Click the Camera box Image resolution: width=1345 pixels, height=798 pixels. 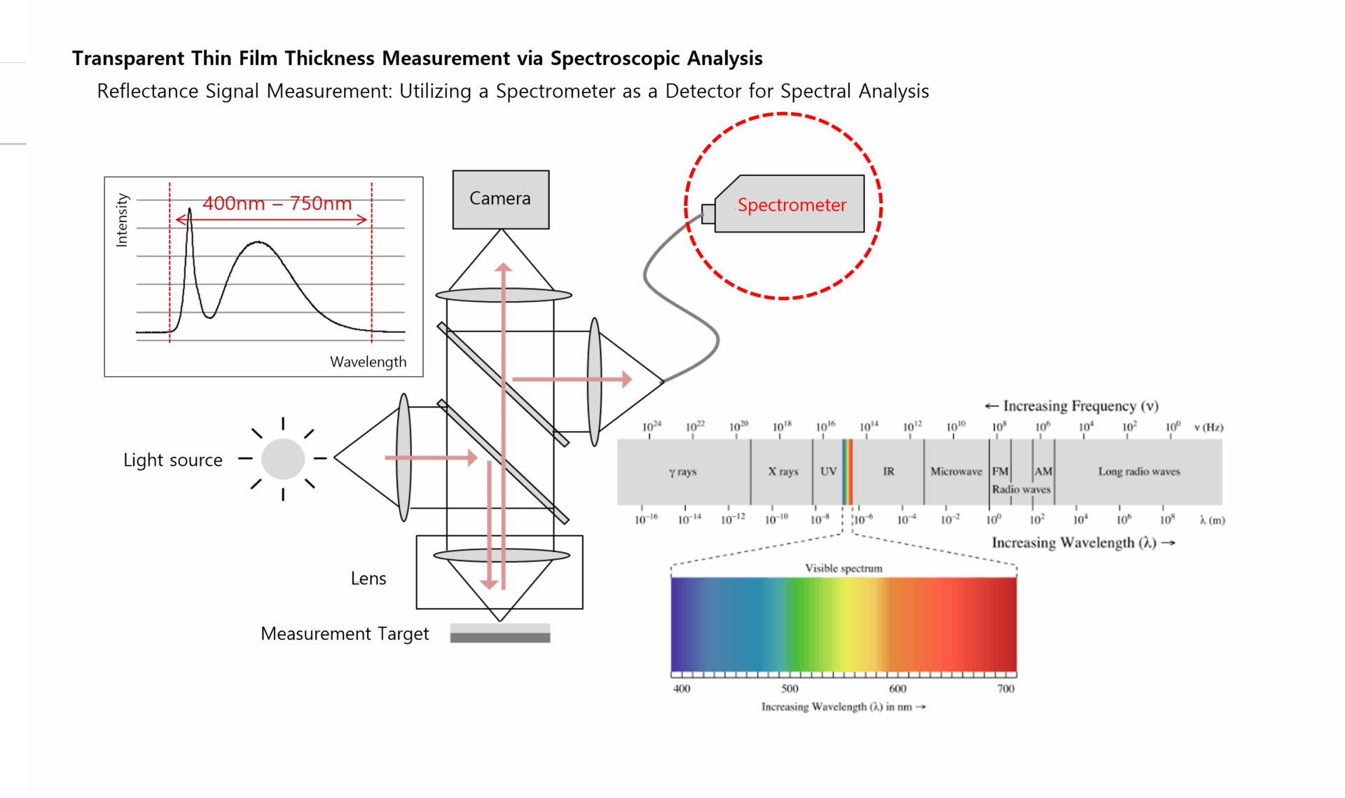500,199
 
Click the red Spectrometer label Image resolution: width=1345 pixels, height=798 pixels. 792,205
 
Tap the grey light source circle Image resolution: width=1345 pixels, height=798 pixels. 283,459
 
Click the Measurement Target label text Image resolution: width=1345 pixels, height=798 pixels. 344,633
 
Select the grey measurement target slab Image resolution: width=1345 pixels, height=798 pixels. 499,633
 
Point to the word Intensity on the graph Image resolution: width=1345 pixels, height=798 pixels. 122,220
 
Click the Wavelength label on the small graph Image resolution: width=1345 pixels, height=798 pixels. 368,362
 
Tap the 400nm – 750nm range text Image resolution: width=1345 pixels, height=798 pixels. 277,203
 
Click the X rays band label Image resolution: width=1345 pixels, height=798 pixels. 782,472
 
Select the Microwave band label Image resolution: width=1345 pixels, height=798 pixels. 956,472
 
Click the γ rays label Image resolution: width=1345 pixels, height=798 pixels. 682,472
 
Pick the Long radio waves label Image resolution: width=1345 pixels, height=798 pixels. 1138,472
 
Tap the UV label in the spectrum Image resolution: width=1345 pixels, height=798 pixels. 828,472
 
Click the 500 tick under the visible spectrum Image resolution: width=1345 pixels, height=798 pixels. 789,689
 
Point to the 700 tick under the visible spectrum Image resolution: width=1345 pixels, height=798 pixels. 1005,689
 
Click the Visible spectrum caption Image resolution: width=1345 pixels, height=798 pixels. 843,568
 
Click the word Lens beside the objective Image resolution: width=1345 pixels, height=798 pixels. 368,579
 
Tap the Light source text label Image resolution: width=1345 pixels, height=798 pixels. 172,460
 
